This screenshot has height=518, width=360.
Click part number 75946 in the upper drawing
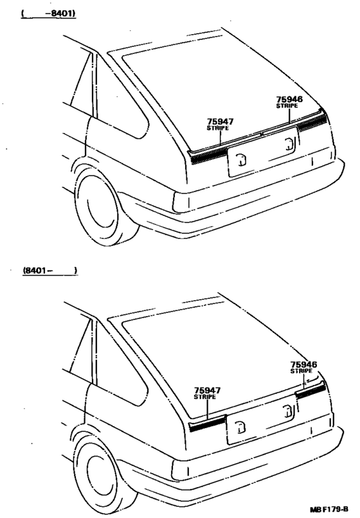289,99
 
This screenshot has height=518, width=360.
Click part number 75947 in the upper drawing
220,121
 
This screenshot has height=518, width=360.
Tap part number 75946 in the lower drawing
303,364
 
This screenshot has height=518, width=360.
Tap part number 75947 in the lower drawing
207,391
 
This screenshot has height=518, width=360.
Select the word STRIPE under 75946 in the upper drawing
287,105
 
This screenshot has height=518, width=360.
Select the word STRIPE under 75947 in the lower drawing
204,397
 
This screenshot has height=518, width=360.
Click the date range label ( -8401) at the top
48,14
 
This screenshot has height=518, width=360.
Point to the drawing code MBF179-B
329,509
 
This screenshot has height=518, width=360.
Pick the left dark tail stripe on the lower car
208,424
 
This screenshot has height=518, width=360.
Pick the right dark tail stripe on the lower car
310,391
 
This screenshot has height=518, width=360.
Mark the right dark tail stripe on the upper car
312,123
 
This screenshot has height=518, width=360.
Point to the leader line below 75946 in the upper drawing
289,116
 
